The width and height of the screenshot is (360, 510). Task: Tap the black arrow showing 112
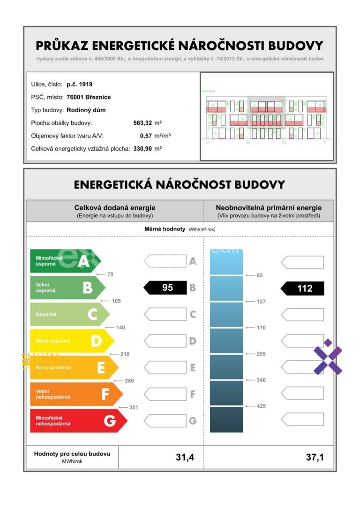coord(302,289)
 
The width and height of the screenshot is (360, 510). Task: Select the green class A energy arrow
coord(65,261)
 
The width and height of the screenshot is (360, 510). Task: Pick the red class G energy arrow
coord(78,420)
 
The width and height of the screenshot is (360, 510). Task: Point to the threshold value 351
coord(134,407)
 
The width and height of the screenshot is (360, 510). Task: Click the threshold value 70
coord(110,274)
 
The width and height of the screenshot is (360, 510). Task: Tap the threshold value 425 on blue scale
coord(261,406)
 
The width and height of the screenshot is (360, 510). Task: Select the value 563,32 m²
coord(148,123)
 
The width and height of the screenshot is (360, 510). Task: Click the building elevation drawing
coord(267,116)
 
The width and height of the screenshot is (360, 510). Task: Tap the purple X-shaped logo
coord(328,357)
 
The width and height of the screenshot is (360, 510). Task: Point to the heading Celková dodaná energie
coord(115,207)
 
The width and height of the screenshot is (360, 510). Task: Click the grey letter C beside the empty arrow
coord(193,314)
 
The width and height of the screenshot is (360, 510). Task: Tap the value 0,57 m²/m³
coord(155,136)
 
